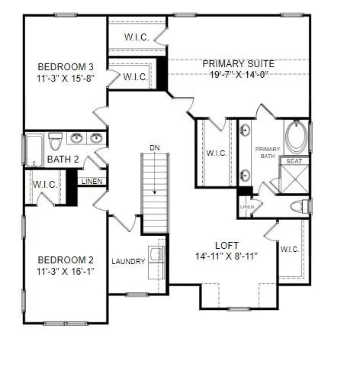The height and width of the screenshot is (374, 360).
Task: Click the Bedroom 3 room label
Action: tap(66, 67)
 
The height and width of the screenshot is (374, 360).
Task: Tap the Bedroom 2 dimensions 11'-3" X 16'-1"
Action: tap(66, 272)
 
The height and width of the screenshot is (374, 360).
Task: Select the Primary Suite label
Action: tap(239, 63)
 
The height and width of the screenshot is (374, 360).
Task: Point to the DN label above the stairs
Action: tap(155, 147)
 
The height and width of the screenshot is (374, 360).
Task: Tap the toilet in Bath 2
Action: tap(55, 141)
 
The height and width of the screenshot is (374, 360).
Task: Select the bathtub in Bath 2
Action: tap(34, 150)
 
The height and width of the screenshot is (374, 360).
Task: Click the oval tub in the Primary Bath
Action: tap(296, 137)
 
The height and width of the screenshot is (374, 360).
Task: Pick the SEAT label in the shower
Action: tap(294, 161)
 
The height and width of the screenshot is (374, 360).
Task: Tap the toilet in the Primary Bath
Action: tap(300, 206)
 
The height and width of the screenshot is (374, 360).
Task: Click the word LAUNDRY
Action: tap(128, 261)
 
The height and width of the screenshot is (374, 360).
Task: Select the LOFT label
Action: tap(227, 246)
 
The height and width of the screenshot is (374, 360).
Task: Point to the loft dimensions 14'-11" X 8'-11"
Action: tap(227, 256)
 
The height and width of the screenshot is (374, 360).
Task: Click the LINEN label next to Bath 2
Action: tap(92, 181)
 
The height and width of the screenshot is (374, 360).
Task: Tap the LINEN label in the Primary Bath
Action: tap(247, 207)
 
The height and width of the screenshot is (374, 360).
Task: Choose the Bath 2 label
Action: tap(63, 160)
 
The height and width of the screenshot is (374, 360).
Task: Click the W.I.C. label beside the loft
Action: tap(290, 249)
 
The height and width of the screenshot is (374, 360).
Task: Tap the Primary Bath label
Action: tap(268, 153)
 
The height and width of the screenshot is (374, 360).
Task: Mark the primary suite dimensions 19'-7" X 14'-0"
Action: tap(239, 74)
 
